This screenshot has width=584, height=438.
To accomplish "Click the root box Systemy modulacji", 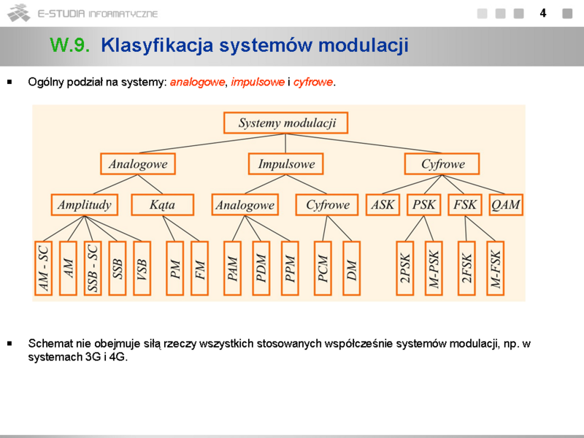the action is click(285, 123).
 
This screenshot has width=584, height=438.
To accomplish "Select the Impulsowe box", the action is click(285, 164).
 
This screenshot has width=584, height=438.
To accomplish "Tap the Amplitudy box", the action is click(85, 204).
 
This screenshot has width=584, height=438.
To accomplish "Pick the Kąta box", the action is click(162, 204).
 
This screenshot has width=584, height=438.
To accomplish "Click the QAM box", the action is click(506, 204).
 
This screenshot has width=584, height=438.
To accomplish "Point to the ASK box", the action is click(383, 204).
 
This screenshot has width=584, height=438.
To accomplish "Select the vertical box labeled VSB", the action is click(142, 268).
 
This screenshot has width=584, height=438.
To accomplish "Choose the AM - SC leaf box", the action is click(43, 268).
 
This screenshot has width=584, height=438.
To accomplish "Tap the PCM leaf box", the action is click(323, 268).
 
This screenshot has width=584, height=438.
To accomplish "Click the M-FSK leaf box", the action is click(496, 268).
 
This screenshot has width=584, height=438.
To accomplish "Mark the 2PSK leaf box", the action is click(405, 268).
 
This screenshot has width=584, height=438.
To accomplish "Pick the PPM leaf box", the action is click(290, 268).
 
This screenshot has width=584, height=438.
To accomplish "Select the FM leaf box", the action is click(199, 268).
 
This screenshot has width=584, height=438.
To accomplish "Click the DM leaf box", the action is click(351, 268).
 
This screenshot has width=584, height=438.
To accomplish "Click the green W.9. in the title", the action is click(69, 45).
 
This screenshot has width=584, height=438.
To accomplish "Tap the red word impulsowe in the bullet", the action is click(258, 82).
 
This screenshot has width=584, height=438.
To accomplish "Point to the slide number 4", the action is click(543, 13).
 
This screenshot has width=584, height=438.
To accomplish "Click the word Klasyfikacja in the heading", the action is click(157, 45).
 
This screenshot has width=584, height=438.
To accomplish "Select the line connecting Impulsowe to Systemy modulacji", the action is click(285, 143).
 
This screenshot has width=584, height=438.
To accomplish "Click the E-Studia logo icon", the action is click(19, 13).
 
